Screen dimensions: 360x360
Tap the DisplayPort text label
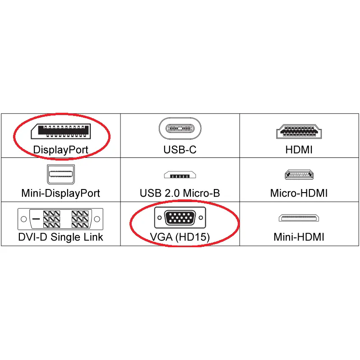(x=60, y=149)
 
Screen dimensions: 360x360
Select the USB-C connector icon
(x=180, y=128)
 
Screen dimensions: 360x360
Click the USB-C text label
(x=180, y=149)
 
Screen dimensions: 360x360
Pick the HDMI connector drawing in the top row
(x=299, y=131)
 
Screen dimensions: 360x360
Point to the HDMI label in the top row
(x=299, y=149)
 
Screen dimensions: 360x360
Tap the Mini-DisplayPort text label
(x=60, y=193)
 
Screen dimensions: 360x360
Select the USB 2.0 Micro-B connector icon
(x=180, y=175)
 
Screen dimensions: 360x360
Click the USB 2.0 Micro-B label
(x=180, y=193)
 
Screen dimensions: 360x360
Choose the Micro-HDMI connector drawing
(x=299, y=175)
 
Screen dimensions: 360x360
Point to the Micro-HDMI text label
(x=299, y=193)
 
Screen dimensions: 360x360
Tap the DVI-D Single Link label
(x=60, y=237)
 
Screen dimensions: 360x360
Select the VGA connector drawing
(x=180, y=218)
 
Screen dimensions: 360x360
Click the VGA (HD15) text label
(x=180, y=237)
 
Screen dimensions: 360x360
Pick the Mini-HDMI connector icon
(x=299, y=218)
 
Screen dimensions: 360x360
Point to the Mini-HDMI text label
(x=299, y=237)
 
